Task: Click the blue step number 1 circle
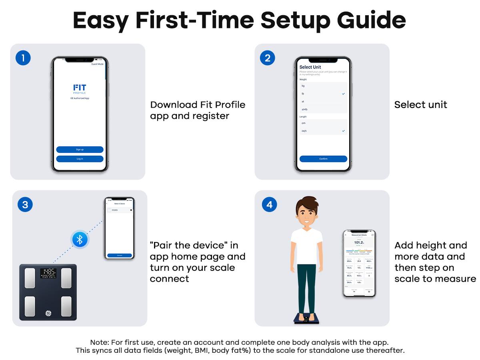(23, 58)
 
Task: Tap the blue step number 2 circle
(268, 58)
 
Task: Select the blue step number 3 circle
(25, 205)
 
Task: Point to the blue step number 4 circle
(269, 205)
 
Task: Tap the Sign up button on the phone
(80, 150)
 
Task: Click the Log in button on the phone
(80, 159)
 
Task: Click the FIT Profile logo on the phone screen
(80, 88)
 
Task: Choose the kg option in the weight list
(303, 86)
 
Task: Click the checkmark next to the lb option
(343, 94)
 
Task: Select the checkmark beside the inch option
(343, 131)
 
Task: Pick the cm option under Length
(304, 123)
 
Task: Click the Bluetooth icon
(80, 240)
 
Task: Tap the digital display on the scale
(48, 273)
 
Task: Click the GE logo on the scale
(48, 312)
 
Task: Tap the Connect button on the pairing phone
(120, 255)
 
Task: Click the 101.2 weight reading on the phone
(359, 242)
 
